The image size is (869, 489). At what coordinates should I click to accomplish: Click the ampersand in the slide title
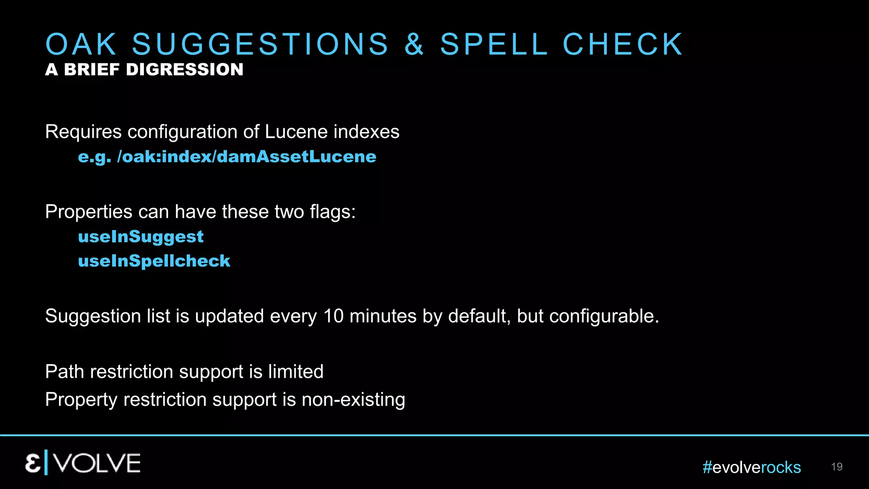pos(414,44)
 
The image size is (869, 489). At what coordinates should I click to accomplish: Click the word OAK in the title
pos(81,44)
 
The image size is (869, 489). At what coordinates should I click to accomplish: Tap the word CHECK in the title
pos(622,44)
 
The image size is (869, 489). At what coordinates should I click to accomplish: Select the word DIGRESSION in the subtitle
pos(185,70)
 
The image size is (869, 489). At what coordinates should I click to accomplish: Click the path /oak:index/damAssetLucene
pos(247,157)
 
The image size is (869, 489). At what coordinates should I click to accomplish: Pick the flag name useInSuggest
pos(141,236)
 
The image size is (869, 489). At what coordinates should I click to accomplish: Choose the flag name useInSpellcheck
pos(154,261)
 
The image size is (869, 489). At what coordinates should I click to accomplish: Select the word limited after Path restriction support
pos(295,371)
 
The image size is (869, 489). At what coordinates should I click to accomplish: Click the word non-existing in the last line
pos(353,400)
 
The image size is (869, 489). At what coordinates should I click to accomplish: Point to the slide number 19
pos(836,467)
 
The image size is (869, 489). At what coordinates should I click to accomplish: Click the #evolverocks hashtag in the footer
pos(751,467)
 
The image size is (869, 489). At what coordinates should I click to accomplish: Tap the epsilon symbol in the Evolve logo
pos(33,463)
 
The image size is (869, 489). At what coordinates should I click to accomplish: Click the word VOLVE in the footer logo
pos(97,463)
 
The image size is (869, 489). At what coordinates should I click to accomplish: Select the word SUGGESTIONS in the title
pos(260,44)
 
